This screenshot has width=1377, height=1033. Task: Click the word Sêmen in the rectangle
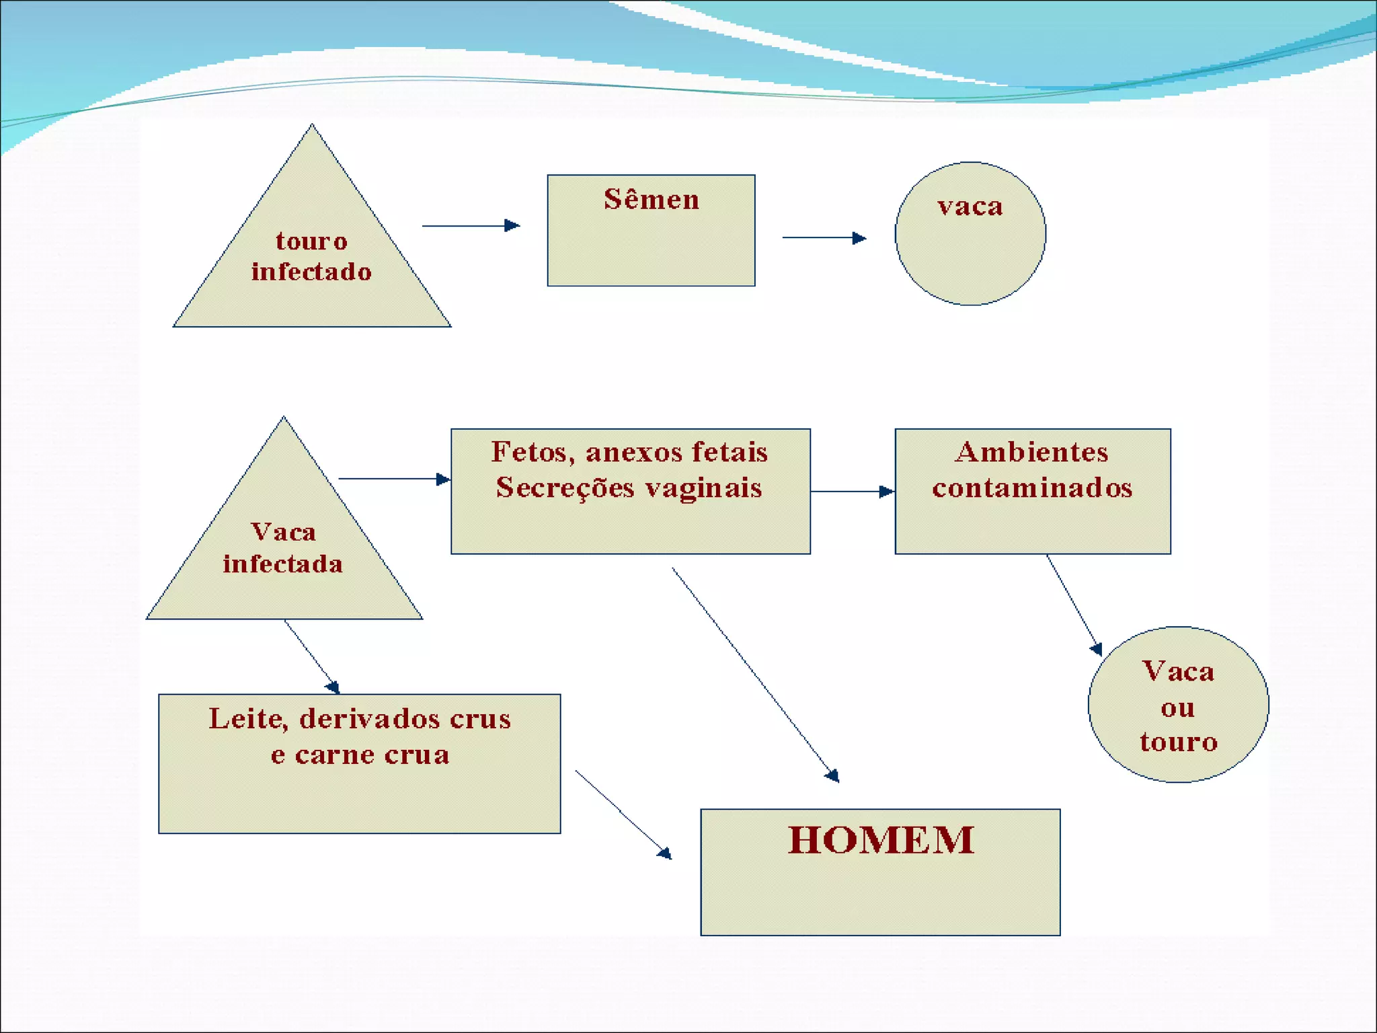[x=651, y=200]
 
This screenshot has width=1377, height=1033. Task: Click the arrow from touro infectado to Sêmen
[x=471, y=225]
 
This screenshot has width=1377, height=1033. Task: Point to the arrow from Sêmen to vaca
[x=824, y=237]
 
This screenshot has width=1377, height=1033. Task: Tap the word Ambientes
[x=1031, y=452]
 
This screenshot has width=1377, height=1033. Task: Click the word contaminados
[x=1032, y=488]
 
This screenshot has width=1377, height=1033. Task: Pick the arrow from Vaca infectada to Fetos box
[x=394, y=479]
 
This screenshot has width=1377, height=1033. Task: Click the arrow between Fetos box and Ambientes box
[x=852, y=492]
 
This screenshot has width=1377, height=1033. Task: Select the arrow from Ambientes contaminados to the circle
[x=1074, y=605]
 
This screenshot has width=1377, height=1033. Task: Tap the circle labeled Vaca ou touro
[x=1178, y=705]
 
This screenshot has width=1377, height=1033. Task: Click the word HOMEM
[x=881, y=840]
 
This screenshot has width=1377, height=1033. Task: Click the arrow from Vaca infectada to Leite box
[x=312, y=656]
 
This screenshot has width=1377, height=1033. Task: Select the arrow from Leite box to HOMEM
[x=623, y=814]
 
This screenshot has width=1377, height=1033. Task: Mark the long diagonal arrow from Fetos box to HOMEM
[x=755, y=675]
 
